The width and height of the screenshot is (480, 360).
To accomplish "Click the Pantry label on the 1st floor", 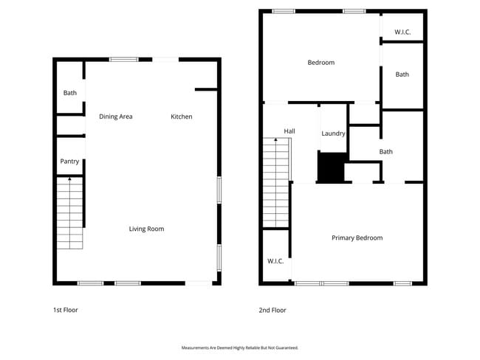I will tap(69, 161).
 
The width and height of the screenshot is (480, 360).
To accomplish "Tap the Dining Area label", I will tap(116, 117).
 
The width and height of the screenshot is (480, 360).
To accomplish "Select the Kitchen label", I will tap(182, 117).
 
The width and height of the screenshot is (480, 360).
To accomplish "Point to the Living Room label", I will tap(146, 229).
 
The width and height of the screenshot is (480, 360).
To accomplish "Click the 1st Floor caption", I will tap(65, 310).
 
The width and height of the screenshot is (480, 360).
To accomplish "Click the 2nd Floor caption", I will tap(272, 310).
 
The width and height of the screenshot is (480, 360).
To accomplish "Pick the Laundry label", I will tap(333, 134).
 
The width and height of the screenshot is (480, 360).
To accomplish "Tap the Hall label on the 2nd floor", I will tap(289, 131).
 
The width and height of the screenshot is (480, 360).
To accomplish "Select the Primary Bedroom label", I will tap(357, 238).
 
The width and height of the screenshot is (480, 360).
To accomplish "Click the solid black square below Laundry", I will tap(332, 167).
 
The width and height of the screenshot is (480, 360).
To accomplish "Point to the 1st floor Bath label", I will tap(69, 93).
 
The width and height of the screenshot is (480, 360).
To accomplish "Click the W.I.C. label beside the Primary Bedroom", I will tap(275, 261).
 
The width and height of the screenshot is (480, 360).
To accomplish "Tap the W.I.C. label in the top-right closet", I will tap(402, 32).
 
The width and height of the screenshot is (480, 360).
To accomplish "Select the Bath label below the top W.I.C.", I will tap(402, 75).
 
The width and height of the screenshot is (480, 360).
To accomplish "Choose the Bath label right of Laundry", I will tap(385, 152).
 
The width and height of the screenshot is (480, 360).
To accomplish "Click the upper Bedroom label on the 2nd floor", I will tap(320, 63).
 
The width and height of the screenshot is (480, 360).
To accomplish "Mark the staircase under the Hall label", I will tap(275, 184).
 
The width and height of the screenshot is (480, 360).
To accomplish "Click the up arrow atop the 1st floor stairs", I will tap(69, 179).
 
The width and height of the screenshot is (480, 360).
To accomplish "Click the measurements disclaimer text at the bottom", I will tap(240, 347).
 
